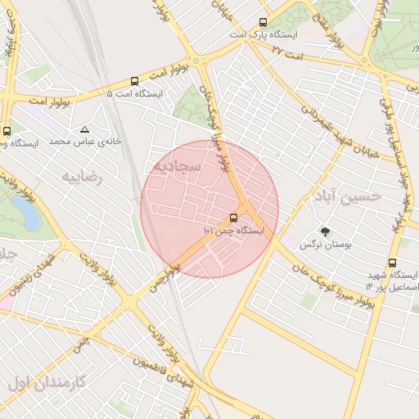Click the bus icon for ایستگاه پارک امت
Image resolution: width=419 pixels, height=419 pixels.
pyautogui.click(x=263, y=23)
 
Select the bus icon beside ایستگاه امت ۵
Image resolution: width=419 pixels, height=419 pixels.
pyautogui.click(x=134, y=81)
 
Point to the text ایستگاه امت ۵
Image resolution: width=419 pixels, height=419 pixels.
pyautogui.click(x=135, y=94)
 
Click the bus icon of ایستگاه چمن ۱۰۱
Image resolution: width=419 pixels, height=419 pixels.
pyautogui.click(x=235, y=218)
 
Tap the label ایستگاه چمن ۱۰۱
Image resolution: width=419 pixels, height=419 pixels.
pyautogui.click(x=234, y=232)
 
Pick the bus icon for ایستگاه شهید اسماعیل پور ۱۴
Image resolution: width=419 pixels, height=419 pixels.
pyautogui.click(x=393, y=264)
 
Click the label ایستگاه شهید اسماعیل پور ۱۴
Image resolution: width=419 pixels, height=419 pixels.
pyautogui.click(x=392, y=282)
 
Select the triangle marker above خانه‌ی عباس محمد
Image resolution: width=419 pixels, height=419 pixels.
pyautogui.click(x=85, y=129)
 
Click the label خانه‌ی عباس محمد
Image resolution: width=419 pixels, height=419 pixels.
pyautogui.click(x=85, y=142)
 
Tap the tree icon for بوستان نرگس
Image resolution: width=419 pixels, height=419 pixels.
pyautogui.click(x=325, y=232)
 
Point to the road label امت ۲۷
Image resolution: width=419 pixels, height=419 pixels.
pyautogui.click(x=287, y=52)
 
